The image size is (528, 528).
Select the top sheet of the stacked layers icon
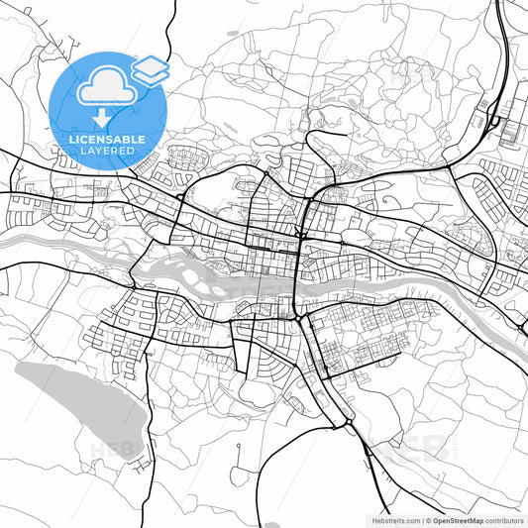(151, 66)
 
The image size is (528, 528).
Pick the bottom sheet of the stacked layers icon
(151, 76)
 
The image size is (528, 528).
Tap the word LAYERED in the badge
(108, 153)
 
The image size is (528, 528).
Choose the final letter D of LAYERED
(134, 153)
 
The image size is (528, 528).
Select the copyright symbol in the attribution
(428, 518)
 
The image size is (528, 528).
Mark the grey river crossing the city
(396, 283)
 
